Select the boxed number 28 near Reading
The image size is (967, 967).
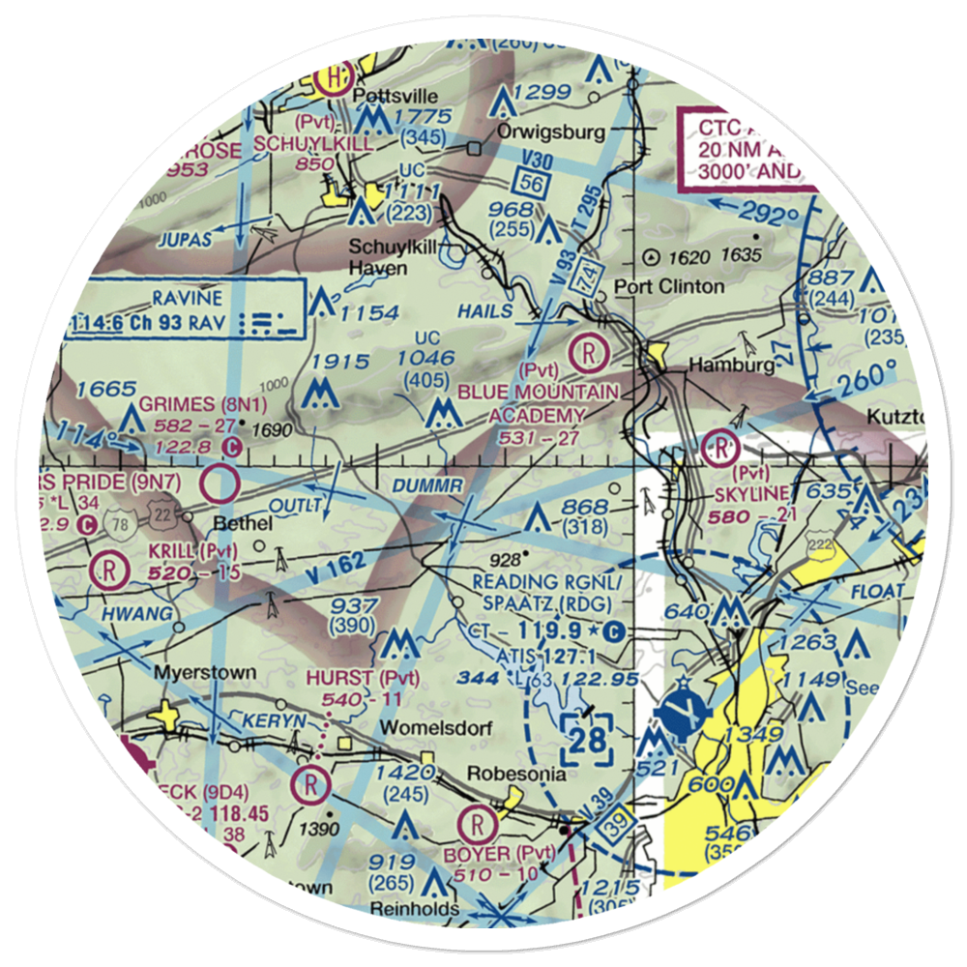[587, 740]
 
